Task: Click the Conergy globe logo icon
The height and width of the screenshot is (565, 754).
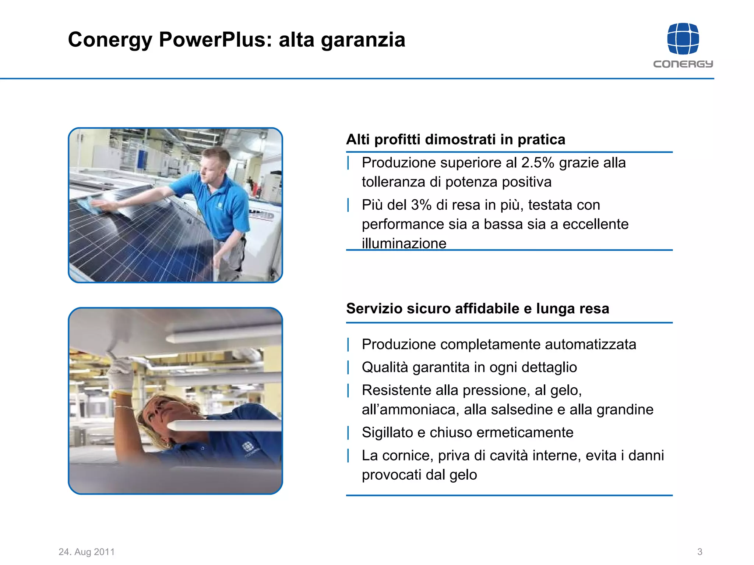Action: (683, 39)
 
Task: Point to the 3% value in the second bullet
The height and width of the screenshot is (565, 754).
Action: (421, 205)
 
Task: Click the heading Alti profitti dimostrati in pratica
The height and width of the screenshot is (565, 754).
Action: (455, 139)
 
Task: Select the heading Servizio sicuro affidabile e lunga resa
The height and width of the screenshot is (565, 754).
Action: (478, 308)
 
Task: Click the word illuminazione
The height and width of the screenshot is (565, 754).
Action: (404, 243)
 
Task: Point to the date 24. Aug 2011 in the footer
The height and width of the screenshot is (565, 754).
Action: (87, 552)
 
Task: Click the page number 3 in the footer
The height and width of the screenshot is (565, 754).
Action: (700, 552)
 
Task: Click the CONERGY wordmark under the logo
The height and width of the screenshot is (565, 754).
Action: (683, 64)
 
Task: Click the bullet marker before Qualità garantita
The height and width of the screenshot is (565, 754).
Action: (348, 367)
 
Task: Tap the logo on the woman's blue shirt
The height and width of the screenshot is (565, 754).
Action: (247, 447)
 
